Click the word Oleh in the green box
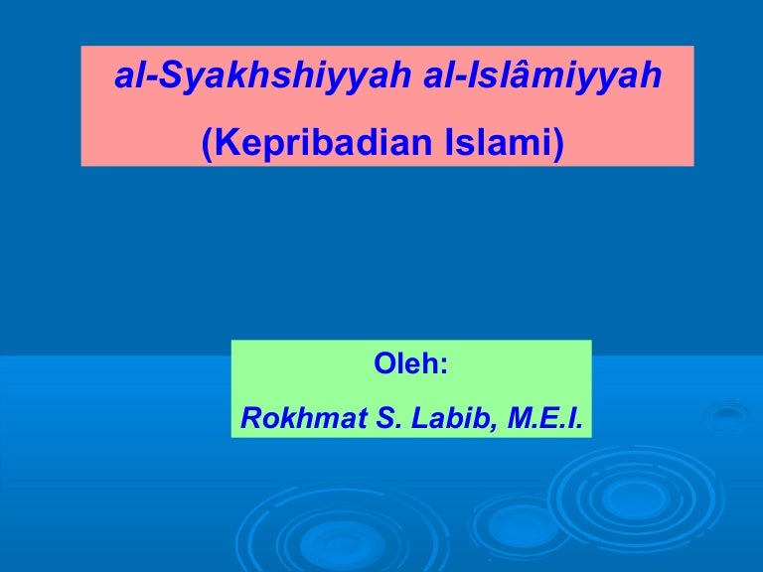405,364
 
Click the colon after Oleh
443,366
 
